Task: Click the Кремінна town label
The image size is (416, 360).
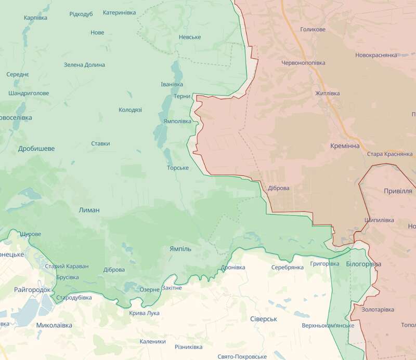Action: click(x=344, y=146)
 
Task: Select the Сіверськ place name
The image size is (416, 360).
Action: click(x=263, y=318)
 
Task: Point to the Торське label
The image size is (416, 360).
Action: click(x=178, y=168)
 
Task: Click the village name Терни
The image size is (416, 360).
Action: click(x=181, y=96)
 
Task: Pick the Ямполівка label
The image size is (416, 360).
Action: click(x=177, y=121)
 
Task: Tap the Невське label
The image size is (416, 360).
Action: click(x=189, y=37)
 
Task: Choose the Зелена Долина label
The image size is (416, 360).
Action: click(x=84, y=65)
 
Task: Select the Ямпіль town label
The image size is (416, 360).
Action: click(x=180, y=249)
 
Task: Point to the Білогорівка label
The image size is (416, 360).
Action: click(x=363, y=264)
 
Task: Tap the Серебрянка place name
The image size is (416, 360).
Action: click(x=287, y=267)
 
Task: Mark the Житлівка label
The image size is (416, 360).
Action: click(x=327, y=94)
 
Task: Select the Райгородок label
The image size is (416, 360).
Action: click(x=32, y=289)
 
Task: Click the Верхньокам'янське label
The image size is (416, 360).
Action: click(x=328, y=326)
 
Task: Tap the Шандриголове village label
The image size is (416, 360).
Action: click(x=29, y=94)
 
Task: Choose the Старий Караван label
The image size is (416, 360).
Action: click(x=67, y=266)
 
